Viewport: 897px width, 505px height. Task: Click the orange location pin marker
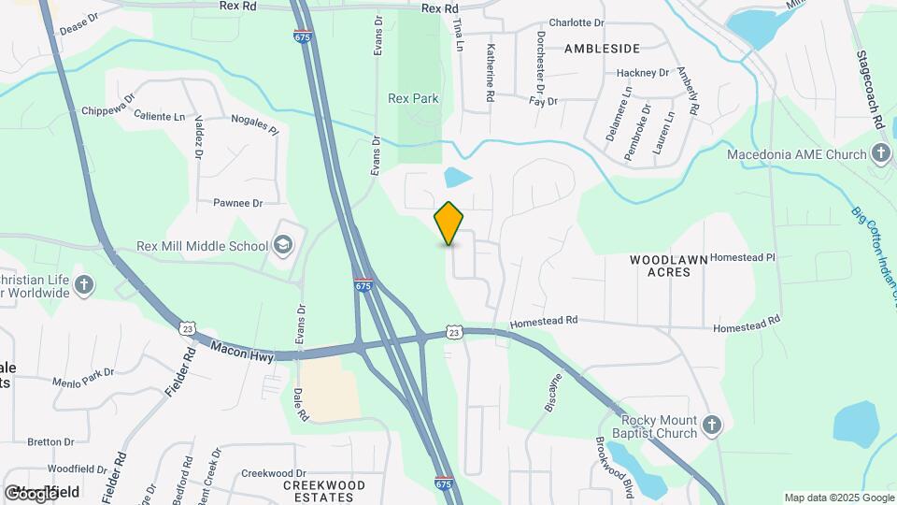click(449, 223)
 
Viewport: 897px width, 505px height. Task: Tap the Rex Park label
click(413, 98)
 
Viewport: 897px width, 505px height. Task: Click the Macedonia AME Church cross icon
click(880, 152)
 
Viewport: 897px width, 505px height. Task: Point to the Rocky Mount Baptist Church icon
click(712, 426)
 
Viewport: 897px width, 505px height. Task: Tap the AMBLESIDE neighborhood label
click(602, 48)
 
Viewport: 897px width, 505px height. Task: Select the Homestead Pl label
click(744, 256)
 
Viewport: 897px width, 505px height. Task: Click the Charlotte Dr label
click(576, 22)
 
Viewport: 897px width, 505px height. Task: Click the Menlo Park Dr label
click(83, 371)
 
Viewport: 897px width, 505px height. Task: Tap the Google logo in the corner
click(32, 493)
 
